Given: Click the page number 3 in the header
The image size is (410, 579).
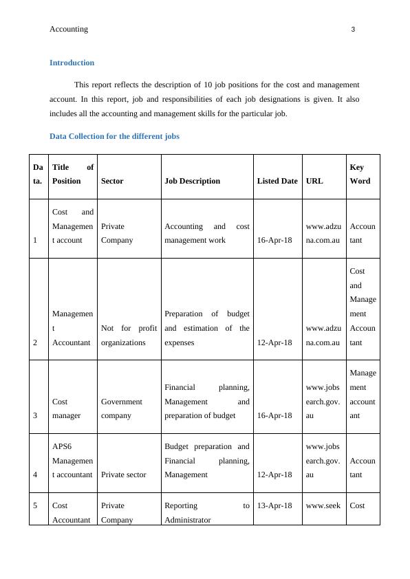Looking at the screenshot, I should pyautogui.click(x=353, y=30).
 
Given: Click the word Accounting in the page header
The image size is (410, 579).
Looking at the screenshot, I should pyautogui.click(x=69, y=29).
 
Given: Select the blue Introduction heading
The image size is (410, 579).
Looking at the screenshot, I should pyautogui.click(x=72, y=63).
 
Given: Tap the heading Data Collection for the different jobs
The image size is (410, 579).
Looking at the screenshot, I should pyautogui.click(x=114, y=136).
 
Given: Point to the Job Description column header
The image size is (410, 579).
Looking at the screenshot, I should pyautogui.click(x=193, y=181).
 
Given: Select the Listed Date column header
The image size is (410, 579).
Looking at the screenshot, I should pyautogui.click(x=277, y=181).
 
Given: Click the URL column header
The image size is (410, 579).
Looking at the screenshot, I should pyautogui.click(x=314, y=181).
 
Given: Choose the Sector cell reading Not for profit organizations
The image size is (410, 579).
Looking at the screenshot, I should pyautogui.click(x=129, y=335).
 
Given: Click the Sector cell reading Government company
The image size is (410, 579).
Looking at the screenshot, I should pyautogui.click(x=122, y=408).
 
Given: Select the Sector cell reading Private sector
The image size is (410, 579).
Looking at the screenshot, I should pyautogui.click(x=124, y=474).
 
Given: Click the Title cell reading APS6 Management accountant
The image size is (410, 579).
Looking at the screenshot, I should pyautogui.click(x=72, y=460).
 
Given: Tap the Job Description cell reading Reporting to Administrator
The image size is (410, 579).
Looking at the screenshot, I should pyautogui.click(x=206, y=512).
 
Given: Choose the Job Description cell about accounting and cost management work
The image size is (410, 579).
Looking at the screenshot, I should pyautogui.click(x=206, y=233).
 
